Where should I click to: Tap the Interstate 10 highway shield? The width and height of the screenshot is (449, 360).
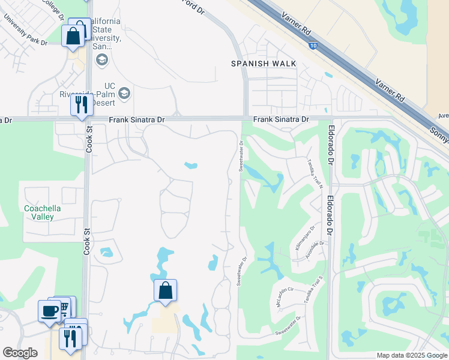(313, 44)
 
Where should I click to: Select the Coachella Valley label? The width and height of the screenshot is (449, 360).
(42, 213)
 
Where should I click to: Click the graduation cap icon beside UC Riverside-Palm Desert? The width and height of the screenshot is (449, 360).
(124, 93)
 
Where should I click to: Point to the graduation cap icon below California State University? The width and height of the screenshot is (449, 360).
(101, 59)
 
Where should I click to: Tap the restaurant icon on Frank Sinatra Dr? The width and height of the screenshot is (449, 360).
(80, 104)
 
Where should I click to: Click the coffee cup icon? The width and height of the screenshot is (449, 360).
(49, 311)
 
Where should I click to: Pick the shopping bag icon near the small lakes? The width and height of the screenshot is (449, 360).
(165, 290)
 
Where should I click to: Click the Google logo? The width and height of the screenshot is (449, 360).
(20, 353)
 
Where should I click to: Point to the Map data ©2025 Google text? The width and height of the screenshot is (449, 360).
(411, 355)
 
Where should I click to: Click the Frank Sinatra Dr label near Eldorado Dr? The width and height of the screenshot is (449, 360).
(280, 119)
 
